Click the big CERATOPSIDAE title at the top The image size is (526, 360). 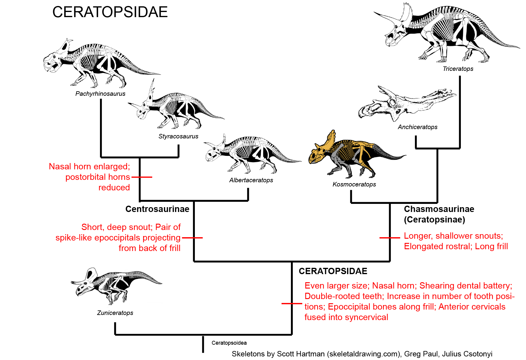pos(110,12)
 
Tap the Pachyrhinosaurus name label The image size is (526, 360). pos(100,94)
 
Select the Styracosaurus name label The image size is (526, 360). pos(178,136)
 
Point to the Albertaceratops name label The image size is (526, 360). pos(251,180)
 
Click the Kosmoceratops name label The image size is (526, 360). pos(354,184)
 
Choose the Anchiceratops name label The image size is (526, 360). pos(418,127)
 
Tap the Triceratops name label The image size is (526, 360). pos(458,69)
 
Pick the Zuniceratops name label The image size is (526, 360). pos(115,313)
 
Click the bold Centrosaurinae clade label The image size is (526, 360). pos(157,209)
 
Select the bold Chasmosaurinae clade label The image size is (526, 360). pos(439,209)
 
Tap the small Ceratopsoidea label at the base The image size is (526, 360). pos(229,343)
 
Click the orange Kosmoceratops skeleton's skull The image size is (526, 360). pos(319,152)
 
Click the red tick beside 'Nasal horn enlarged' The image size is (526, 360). pos(142,177)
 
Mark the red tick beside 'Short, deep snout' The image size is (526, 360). pos(192,238)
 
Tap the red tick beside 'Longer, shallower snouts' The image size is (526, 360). pos(390,238)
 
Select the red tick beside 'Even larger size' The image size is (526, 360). pos(292,304)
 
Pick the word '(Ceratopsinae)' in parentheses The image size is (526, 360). pos(434,219)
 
